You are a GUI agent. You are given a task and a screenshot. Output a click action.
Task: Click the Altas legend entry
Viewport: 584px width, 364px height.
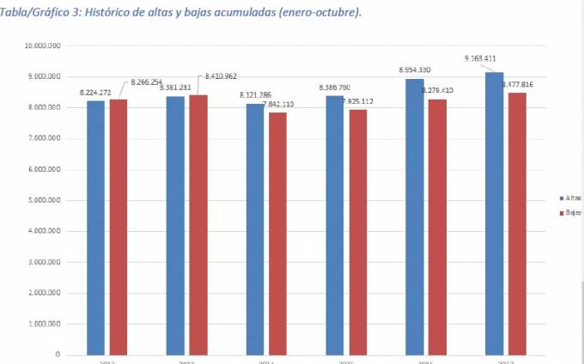572,197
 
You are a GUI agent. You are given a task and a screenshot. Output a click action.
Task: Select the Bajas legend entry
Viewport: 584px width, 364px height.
572,213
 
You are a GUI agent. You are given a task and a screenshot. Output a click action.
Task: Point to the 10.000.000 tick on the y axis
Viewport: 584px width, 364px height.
44,45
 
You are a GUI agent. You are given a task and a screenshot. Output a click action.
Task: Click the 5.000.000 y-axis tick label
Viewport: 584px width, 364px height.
46,200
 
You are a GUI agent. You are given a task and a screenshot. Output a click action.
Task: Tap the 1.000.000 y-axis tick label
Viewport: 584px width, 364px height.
46,324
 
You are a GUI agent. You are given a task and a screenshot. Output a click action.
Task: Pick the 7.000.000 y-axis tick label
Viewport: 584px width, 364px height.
46,138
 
